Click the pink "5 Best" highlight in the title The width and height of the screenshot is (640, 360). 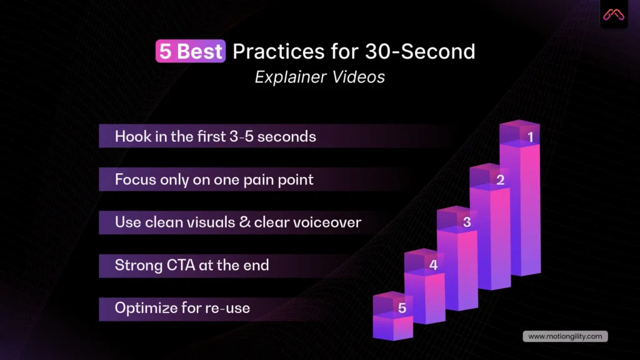(x=190, y=52)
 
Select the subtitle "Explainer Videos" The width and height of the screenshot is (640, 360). (x=320, y=77)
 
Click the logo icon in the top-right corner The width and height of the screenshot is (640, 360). (x=614, y=15)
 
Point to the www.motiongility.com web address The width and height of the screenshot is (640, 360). (x=565, y=336)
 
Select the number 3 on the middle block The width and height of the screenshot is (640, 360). (x=467, y=222)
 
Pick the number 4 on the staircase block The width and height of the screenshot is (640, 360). (x=433, y=265)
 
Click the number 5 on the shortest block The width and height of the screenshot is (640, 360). (x=402, y=307)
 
